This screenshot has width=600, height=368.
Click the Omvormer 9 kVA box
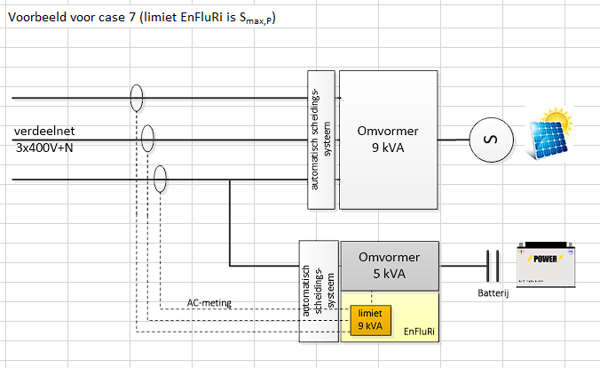point(389,139)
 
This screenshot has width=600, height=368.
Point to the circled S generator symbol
point(486,140)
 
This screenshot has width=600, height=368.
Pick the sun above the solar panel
point(557,119)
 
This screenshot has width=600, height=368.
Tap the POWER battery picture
point(547,264)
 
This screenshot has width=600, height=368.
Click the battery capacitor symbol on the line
point(492,265)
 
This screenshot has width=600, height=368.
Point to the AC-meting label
point(209,302)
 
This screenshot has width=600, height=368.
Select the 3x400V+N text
point(44,147)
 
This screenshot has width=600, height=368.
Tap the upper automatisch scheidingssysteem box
point(322,139)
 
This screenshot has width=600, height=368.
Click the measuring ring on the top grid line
point(136,97)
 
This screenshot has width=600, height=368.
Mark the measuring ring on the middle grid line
point(148,139)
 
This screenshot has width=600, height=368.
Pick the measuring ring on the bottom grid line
point(161,179)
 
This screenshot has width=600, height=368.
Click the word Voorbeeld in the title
point(36,18)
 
